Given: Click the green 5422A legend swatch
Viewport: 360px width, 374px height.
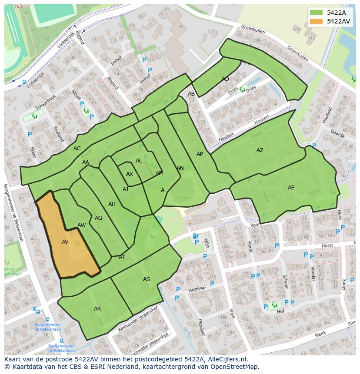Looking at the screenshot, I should coord(317,13).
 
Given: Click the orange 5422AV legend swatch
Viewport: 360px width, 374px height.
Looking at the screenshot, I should coord(317,21).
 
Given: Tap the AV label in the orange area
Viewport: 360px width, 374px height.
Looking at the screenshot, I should coord(65,242).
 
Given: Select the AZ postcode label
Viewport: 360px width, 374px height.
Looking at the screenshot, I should coord(260,150).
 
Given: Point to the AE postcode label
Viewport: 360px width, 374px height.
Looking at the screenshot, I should coord(291,188).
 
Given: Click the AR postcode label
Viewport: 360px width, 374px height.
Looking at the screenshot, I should coord(97,309).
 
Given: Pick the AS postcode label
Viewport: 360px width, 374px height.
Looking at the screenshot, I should coord(147,279).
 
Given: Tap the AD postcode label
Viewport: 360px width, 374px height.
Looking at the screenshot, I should coord(225,79).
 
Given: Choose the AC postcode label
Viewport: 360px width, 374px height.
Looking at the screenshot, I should coord(77,149).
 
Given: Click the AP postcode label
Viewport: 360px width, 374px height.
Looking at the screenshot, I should coord(200,154).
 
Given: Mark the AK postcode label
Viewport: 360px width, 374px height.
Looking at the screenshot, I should coord(130,174).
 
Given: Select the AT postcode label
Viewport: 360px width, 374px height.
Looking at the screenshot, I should coord(122,257).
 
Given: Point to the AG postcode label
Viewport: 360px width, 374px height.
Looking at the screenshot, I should coord(98,218).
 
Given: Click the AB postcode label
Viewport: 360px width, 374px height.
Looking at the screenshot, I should coord(191,94).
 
